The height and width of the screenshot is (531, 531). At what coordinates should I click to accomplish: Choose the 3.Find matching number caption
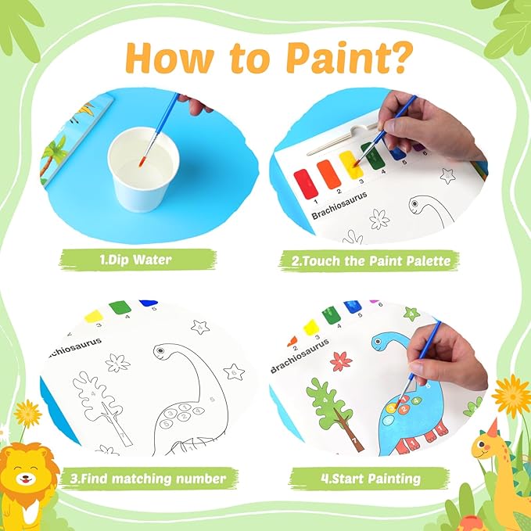tap(148, 478)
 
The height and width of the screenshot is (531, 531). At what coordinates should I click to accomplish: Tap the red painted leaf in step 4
tap(341, 361)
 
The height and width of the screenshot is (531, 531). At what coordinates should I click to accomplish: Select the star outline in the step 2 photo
tap(447, 177)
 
